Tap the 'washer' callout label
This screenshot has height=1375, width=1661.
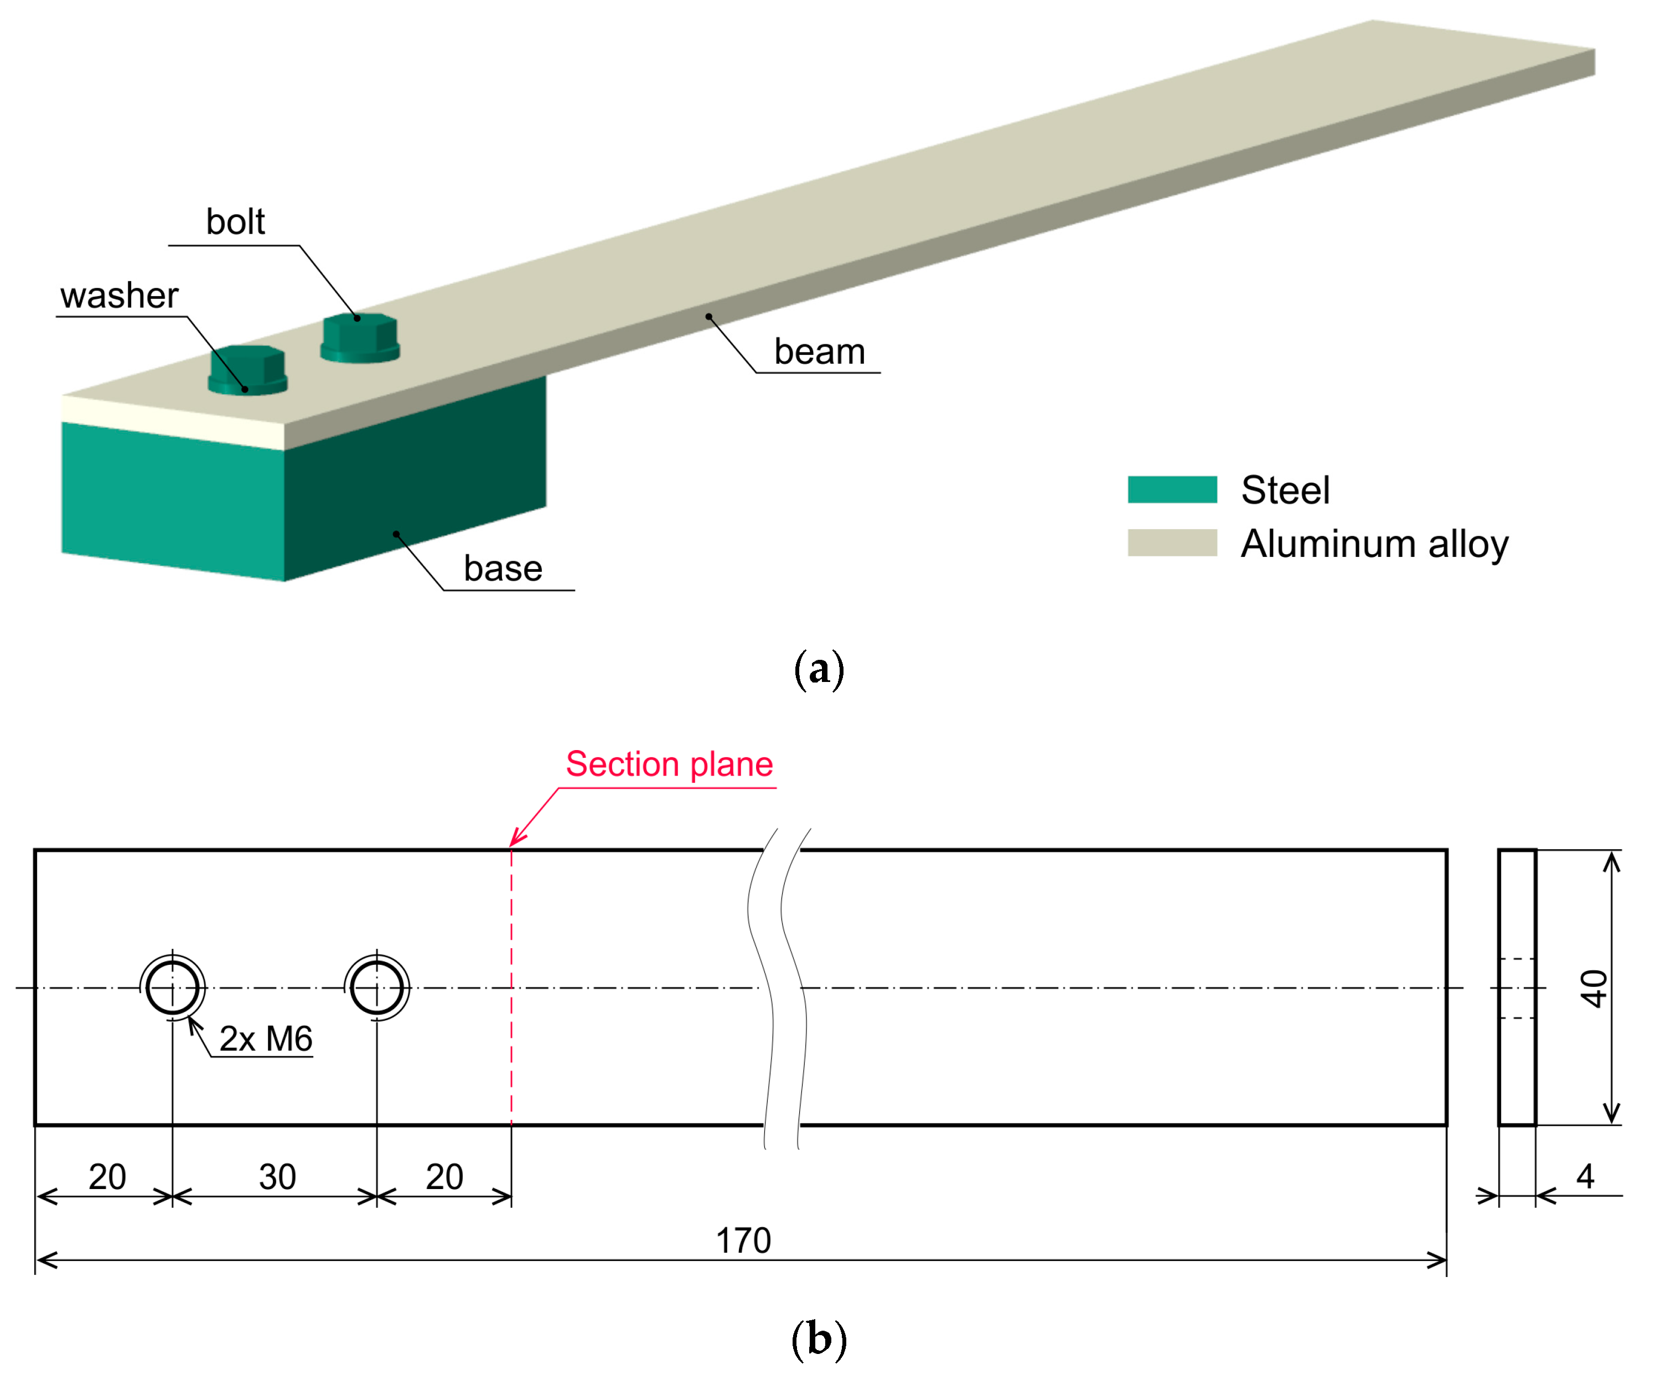pyautogui.click(x=120, y=296)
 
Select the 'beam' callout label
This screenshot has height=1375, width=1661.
pyautogui.click(x=819, y=351)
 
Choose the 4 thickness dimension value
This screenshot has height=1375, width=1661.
pyautogui.click(x=1584, y=1176)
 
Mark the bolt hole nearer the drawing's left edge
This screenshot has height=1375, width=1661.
pyautogui.click(x=173, y=988)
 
